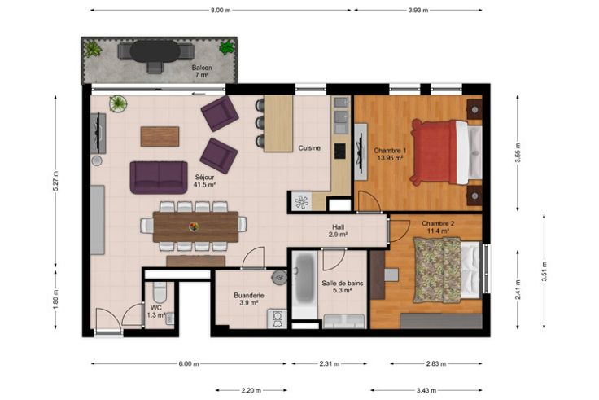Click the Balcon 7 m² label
tap(202, 71)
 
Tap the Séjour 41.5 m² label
tap(205, 181)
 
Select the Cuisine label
tap(309, 148)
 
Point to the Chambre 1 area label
tap(390, 154)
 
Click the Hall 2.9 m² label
tap(338, 231)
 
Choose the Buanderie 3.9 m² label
tap(249, 299)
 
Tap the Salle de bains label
tap(343, 284)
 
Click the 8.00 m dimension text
tap(221, 11)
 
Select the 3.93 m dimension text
tap(418, 11)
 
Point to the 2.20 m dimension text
tap(251, 390)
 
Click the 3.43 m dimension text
tap(426, 390)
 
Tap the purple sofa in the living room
tap(159, 178)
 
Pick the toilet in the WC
tap(160, 292)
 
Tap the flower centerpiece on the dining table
tap(194, 226)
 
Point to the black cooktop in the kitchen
tap(340, 151)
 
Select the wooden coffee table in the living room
tap(160, 137)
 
